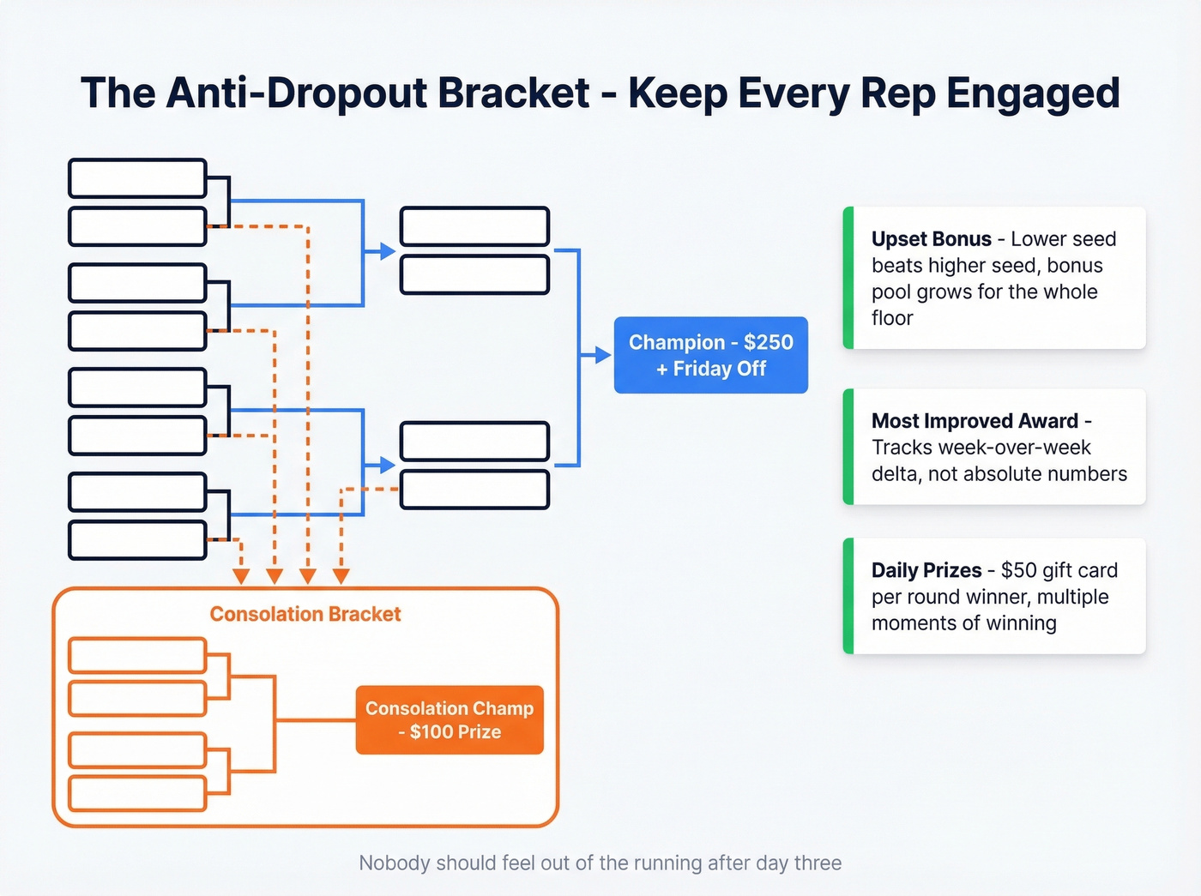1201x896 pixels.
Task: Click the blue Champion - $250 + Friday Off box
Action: point(710,355)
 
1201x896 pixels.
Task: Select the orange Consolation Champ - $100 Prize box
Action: point(450,720)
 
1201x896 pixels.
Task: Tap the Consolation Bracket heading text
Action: point(305,614)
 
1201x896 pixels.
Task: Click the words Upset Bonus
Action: point(931,239)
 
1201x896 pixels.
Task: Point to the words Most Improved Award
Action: point(975,421)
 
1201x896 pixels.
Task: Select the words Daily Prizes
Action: point(926,570)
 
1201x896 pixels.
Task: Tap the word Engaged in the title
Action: point(1033,93)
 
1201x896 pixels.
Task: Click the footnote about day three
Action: point(600,863)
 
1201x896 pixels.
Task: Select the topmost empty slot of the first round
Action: point(137,178)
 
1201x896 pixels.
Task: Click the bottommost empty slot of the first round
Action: point(137,540)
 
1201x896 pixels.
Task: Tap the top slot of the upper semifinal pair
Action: point(474,226)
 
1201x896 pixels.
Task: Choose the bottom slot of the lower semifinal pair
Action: point(474,490)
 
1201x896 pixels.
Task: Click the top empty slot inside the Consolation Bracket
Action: point(137,656)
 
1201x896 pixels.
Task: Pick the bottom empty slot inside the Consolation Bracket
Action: point(137,793)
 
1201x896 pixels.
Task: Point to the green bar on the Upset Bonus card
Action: point(848,278)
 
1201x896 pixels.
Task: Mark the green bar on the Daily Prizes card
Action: point(848,596)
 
